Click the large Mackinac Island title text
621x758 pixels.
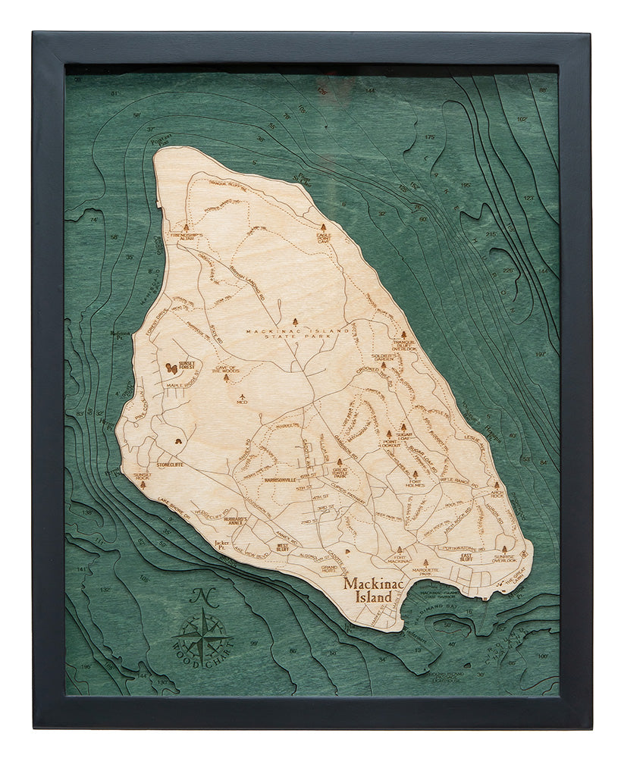click(372, 589)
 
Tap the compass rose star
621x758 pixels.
click(202, 634)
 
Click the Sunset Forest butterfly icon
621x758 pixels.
click(173, 368)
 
